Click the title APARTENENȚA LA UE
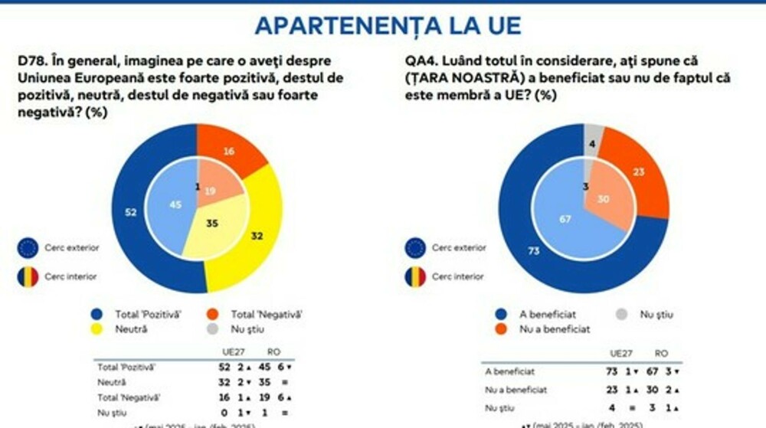[x=388, y=25]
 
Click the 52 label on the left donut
[x=131, y=212]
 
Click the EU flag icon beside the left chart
[x=28, y=248]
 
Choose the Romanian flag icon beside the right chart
[x=415, y=276]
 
